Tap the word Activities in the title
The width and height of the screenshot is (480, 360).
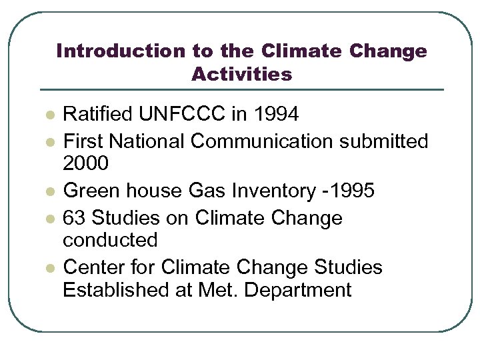pyautogui.click(x=241, y=74)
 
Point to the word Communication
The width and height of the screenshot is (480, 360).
pyautogui.click(x=261, y=141)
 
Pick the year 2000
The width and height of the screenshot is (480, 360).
pyautogui.click(x=84, y=163)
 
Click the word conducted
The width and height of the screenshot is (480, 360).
pyautogui.click(x=110, y=240)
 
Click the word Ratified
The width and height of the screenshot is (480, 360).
pyautogui.click(x=98, y=115)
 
